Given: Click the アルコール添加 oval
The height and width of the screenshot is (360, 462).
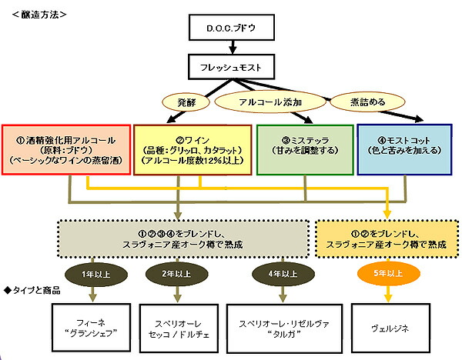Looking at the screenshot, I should (x=268, y=101).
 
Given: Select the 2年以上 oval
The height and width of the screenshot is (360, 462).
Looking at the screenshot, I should (x=178, y=272).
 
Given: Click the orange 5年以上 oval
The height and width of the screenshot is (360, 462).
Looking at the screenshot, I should (x=387, y=272).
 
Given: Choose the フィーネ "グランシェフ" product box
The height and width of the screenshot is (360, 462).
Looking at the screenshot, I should (x=92, y=328).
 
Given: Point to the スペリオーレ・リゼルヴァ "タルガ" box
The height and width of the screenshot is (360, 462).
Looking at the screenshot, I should (x=283, y=328).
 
